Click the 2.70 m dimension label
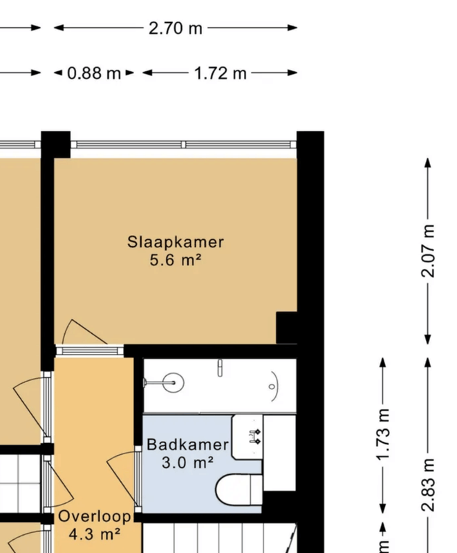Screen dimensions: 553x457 [x=176, y=28]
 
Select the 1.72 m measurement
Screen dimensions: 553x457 [x=221, y=73]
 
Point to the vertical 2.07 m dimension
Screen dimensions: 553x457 [x=429, y=250]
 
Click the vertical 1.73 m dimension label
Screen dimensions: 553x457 [x=384, y=435]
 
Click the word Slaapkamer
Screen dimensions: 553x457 [x=176, y=242]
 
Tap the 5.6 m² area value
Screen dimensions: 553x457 [x=176, y=261]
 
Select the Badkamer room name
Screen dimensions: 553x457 [x=187, y=444]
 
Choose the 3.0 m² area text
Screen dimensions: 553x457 [x=187, y=463]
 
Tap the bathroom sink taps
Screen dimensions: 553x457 [x=254, y=435]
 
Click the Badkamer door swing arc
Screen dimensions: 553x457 [x=121, y=470]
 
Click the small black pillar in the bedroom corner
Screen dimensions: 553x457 [x=286, y=327]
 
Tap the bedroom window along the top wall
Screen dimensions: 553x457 [x=183, y=145]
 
